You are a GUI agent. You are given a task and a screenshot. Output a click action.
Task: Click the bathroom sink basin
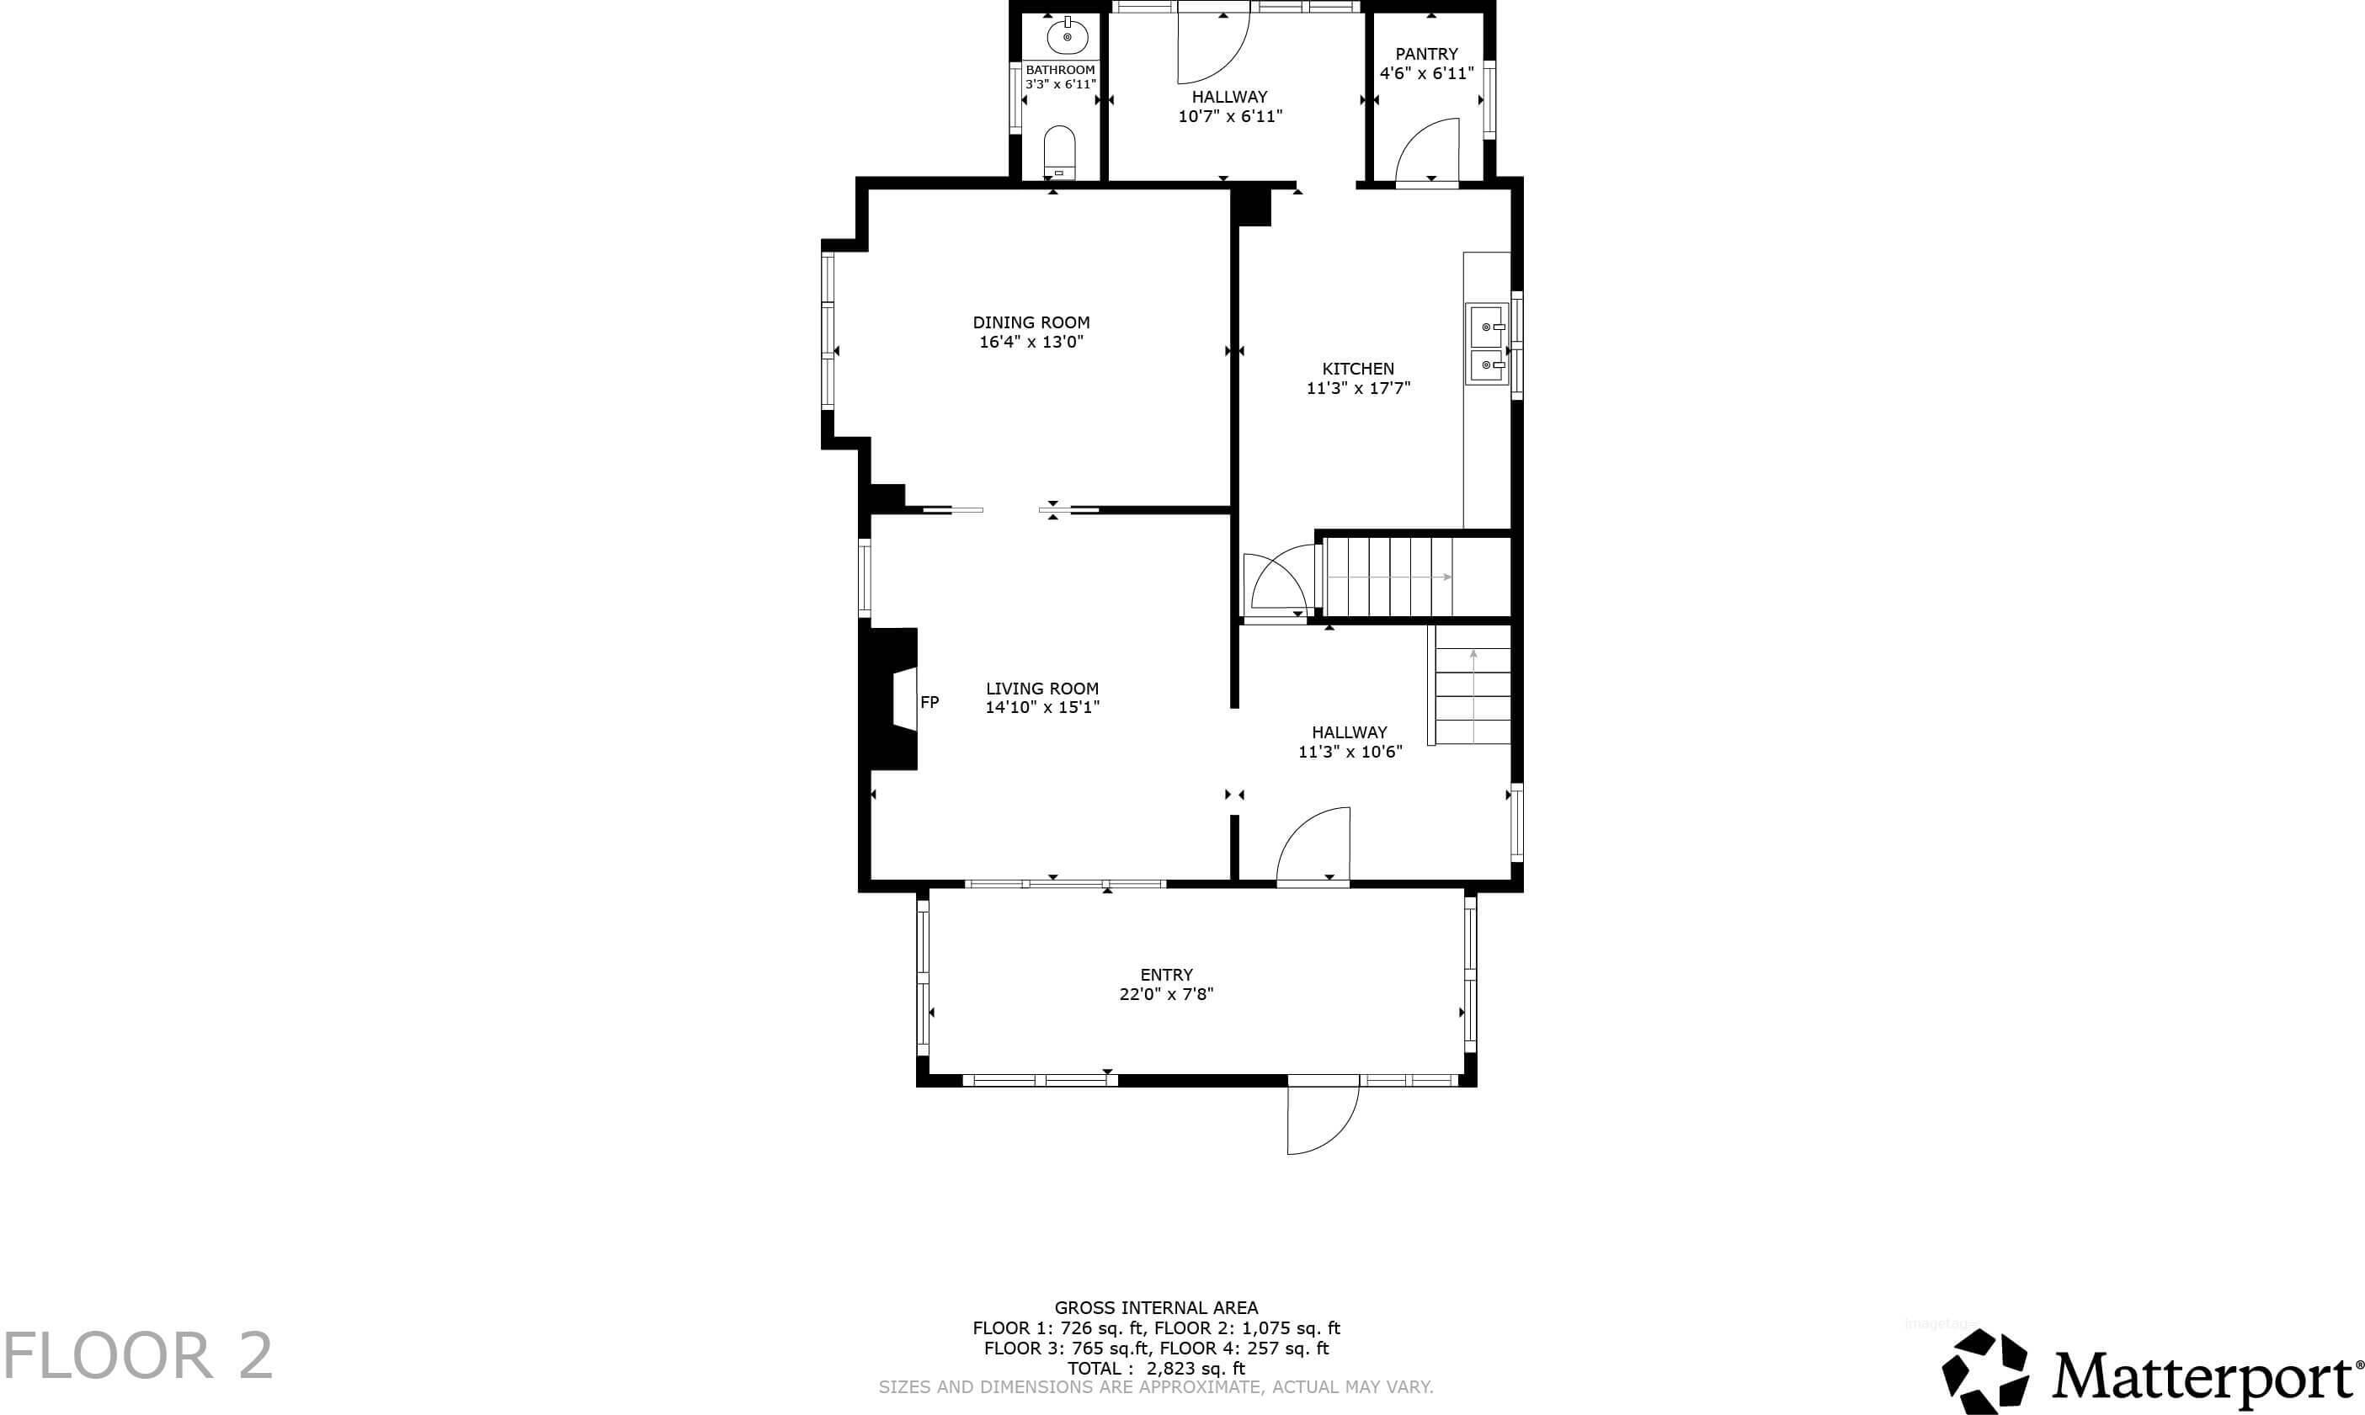click(1067, 37)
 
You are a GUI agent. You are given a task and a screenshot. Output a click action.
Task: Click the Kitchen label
click(1358, 369)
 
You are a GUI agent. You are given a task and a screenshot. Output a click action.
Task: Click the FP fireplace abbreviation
click(929, 703)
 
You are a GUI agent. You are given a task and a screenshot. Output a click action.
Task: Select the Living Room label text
click(1042, 689)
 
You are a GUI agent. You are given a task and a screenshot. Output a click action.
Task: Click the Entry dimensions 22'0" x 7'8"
click(1166, 994)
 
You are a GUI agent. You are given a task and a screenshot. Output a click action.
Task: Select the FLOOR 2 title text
click(138, 1356)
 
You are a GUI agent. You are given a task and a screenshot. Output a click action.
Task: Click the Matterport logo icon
click(1986, 1371)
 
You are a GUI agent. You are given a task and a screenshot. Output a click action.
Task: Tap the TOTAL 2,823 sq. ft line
click(1156, 1368)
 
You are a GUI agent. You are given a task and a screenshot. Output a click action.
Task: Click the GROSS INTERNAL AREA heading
click(1156, 1308)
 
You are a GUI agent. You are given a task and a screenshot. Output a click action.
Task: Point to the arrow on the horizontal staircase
click(1389, 577)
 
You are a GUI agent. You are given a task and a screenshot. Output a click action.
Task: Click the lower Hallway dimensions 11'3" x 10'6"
click(1350, 753)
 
